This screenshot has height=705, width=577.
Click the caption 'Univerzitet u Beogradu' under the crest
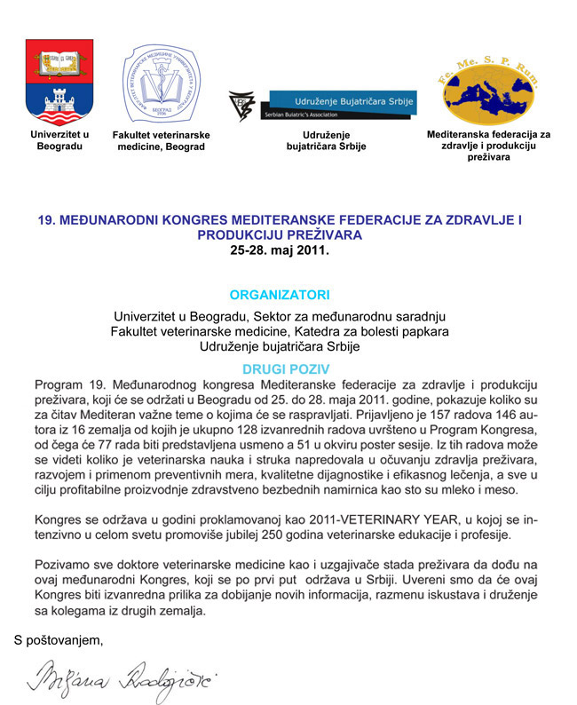[59, 140]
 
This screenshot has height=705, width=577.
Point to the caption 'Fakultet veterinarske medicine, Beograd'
[161, 140]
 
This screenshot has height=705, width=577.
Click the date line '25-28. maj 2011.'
[279, 251]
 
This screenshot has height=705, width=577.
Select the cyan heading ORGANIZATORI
[279, 294]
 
